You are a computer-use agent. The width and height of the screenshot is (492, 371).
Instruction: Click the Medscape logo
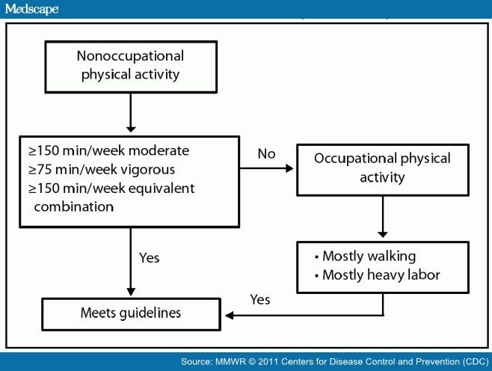30,9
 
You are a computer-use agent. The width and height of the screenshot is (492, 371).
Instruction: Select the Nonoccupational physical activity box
130,64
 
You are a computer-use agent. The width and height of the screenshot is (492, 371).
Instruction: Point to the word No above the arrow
267,153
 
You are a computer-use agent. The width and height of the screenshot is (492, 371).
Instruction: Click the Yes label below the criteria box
150,258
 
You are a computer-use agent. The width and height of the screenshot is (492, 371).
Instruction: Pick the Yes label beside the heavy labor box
259,299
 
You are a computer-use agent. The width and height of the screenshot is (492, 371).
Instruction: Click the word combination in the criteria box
67,206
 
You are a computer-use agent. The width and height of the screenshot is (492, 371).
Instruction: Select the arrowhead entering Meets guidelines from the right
230,315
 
